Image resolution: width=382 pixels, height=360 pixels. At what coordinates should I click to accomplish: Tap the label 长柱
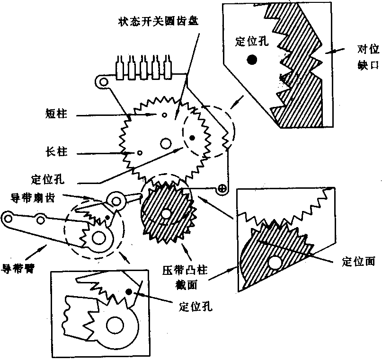point(57,152)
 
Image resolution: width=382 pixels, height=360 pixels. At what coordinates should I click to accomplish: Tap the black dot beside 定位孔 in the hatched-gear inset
point(252,59)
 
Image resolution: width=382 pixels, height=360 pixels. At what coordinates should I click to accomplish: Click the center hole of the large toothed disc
point(166,142)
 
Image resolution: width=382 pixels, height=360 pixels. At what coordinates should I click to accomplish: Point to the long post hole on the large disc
point(140,152)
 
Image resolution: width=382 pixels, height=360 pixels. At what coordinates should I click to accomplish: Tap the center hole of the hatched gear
point(166,214)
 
